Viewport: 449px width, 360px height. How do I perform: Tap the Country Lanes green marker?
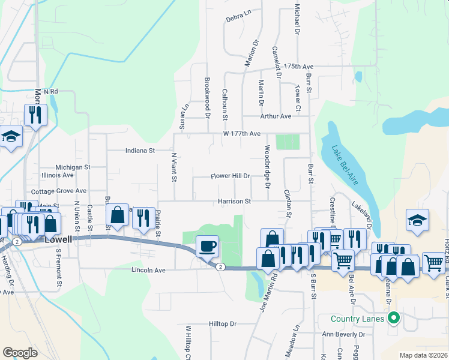(x=394, y=317)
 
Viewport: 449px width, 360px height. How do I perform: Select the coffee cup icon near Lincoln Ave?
(x=208, y=246)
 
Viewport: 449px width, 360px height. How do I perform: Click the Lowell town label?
(x=58, y=239)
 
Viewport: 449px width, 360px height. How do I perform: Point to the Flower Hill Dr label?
(x=229, y=176)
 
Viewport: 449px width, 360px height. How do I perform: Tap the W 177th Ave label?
(x=242, y=133)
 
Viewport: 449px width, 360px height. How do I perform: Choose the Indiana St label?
(x=140, y=151)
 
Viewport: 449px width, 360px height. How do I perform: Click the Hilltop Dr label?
(x=223, y=323)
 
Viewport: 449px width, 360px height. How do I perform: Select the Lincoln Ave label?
(x=148, y=271)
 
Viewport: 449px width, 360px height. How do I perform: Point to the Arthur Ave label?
(x=275, y=116)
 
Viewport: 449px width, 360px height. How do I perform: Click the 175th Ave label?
(x=299, y=66)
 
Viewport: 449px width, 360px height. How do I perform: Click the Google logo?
(x=20, y=353)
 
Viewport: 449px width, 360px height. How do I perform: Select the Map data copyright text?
(x=423, y=355)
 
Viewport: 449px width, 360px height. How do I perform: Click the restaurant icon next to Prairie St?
(x=142, y=217)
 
